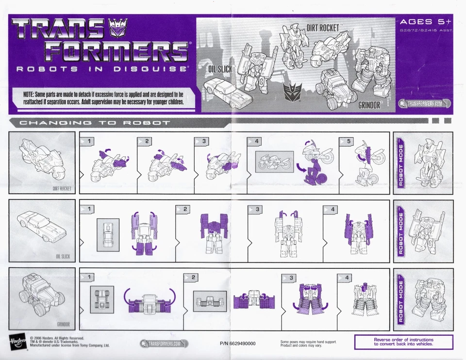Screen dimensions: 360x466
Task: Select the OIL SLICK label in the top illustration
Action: (220, 69)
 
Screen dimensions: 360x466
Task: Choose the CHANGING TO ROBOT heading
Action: (95, 123)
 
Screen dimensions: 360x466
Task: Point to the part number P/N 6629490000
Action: (237, 344)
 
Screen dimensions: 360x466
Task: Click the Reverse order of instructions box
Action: (403, 342)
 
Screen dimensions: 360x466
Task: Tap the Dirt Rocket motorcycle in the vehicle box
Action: (41, 160)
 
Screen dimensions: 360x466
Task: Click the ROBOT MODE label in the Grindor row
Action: (401, 301)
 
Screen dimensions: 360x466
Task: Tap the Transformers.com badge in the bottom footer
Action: (164, 344)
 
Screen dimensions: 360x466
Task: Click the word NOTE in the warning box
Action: (31, 94)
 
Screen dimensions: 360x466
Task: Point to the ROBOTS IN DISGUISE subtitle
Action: (102, 69)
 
